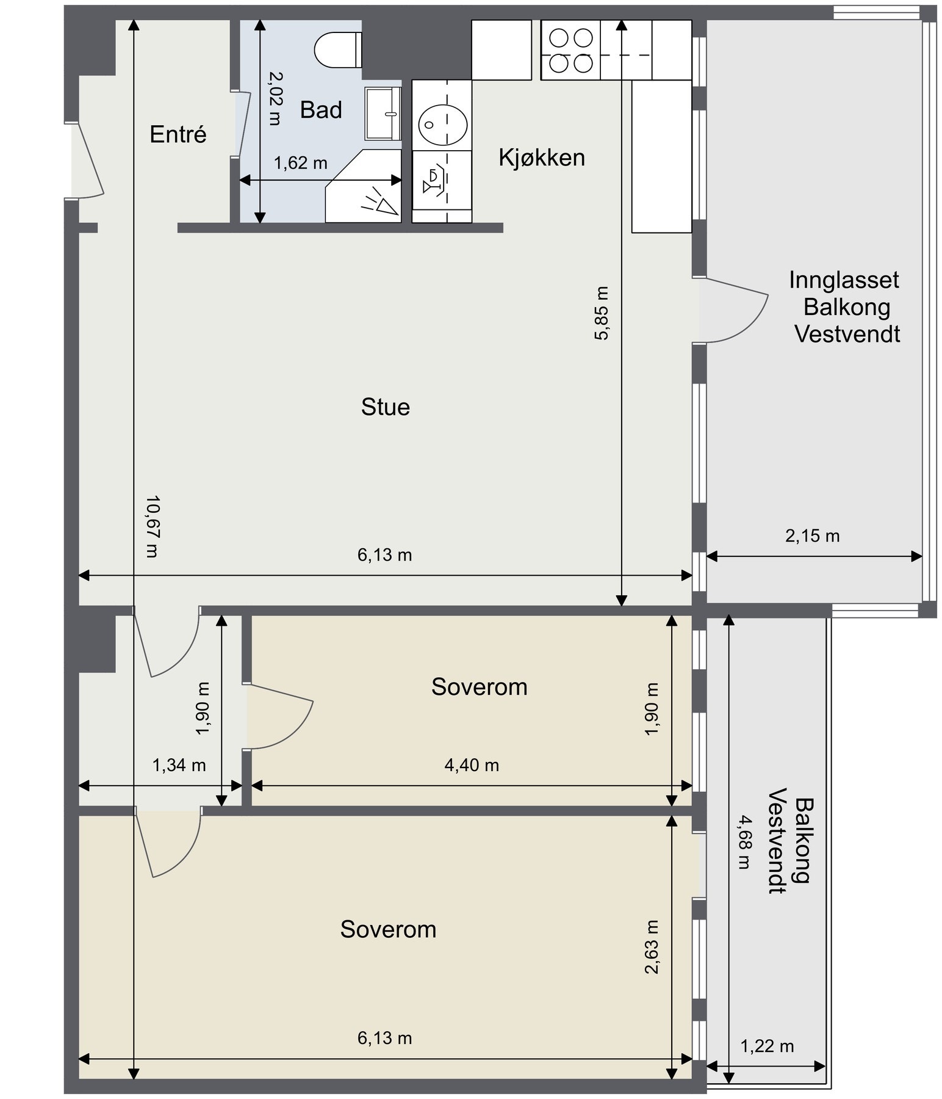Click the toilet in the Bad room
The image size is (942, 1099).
pyautogui.click(x=338, y=50)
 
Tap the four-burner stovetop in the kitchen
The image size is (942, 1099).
pyautogui.click(x=571, y=50)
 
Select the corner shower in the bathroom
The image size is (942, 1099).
pyautogui.click(x=364, y=186)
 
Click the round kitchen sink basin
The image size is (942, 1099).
pyautogui.click(x=442, y=124)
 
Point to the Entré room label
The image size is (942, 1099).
pyautogui.click(x=178, y=134)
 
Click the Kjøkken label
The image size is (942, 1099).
pyautogui.click(x=542, y=158)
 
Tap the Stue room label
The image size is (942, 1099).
pyautogui.click(x=386, y=407)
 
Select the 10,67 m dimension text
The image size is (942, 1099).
pyautogui.click(x=152, y=526)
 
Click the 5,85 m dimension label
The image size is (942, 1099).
pyautogui.click(x=601, y=313)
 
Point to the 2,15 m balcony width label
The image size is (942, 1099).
pyautogui.click(x=812, y=536)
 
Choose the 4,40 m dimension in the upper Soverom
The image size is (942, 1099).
pyautogui.click(x=472, y=764)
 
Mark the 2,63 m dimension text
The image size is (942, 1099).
pyautogui.click(x=652, y=946)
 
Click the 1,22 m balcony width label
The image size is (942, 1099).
pyautogui.click(x=767, y=1046)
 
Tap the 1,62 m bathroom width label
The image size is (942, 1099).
pyautogui.click(x=300, y=163)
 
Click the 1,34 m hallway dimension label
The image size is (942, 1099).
pyautogui.click(x=179, y=764)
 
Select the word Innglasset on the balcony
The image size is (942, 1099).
pyautogui.click(x=844, y=280)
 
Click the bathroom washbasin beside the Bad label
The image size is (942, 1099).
pyautogui.click(x=383, y=114)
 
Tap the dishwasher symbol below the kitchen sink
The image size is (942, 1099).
pyautogui.click(x=442, y=180)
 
